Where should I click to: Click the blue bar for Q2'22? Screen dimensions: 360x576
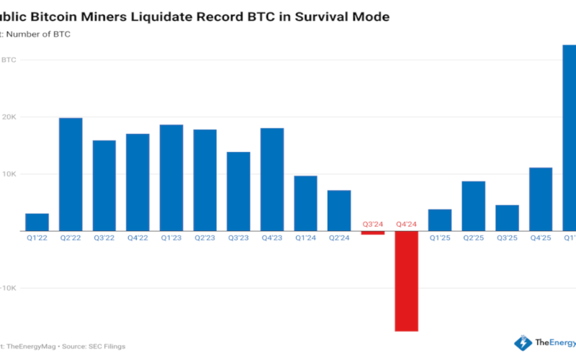[x=71, y=174]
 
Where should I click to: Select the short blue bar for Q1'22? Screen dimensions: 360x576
[x=37, y=222]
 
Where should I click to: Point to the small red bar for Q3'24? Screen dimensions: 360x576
[x=373, y=233]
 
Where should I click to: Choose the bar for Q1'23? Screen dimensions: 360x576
[x=171, y=178]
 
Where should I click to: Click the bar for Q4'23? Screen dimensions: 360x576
[x=272, y=179]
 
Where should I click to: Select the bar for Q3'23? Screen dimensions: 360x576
[x=238, y=192]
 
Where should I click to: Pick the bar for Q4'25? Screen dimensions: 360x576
[x=541, y=199]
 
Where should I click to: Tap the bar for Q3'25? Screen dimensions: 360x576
[x=507, y=217]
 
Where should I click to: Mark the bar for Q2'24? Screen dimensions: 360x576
[x=339, y=210]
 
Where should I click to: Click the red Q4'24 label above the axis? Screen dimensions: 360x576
[x=406, y=224]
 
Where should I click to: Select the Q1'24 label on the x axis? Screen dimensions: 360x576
[x=305, y=238]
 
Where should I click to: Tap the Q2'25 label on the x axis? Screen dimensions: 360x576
[x=473, y=238]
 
